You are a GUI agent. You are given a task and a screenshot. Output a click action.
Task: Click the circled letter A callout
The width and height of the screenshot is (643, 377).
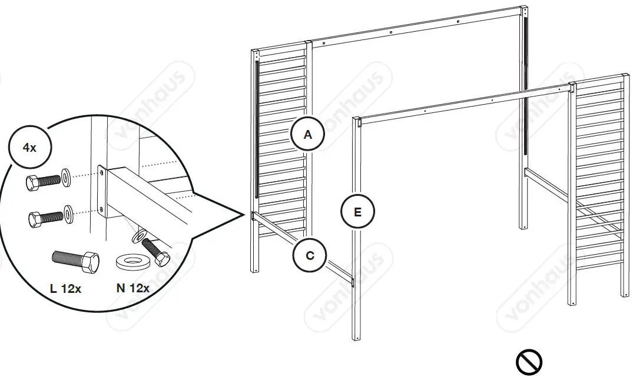(x=307, y=135)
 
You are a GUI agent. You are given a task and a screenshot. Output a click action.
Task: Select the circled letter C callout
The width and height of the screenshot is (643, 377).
(x=310, y=255)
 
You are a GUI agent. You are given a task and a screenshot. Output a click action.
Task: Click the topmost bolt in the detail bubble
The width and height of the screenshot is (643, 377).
(x=43, y=182)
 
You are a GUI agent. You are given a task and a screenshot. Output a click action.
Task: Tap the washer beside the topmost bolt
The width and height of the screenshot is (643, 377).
(x=65, y=175)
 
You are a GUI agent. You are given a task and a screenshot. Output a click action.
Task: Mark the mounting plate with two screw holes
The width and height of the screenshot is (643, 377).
(x=104, y=191)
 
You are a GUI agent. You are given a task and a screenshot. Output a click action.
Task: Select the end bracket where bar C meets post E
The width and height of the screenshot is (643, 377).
(x=352, y=282)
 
